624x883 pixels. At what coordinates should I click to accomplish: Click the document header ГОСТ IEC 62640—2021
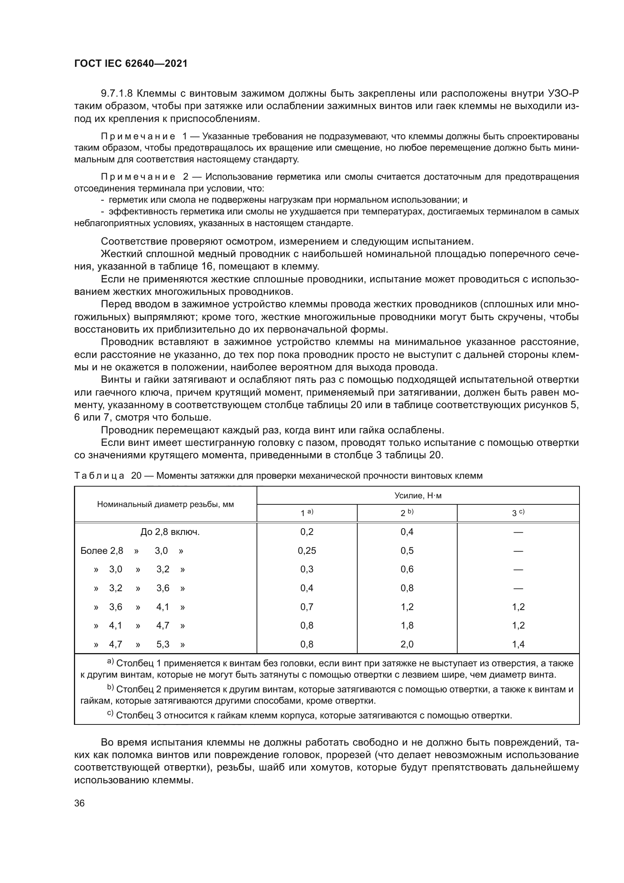(131, 63)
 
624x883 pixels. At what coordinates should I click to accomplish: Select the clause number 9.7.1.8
(117, 94)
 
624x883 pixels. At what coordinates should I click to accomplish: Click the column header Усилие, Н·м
(418, 496)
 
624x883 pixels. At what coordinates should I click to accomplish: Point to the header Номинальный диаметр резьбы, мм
(165, 504)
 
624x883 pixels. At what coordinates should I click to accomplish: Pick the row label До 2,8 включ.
(170, 532)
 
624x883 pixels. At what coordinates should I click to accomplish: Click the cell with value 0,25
(307, 551)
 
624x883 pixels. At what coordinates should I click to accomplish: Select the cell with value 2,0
(407, 644)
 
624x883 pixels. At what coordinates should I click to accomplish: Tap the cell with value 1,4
(518, 644)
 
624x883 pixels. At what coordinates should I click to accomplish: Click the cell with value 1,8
(407, 625)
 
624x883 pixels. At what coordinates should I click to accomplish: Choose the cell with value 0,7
(307, 607)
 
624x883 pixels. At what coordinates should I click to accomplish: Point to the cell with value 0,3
(307, 569)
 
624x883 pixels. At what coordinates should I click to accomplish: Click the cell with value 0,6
(407, 569)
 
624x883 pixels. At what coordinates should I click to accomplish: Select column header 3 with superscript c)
(518, 513)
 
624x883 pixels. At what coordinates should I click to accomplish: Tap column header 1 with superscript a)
(307, 513)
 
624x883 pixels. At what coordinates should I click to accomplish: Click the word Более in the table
(94, 551)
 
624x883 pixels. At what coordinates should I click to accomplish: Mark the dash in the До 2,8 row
(518, 532)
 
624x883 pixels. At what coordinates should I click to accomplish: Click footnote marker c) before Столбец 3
(110, 713)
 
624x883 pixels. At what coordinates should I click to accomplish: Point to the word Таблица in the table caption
(99, 476)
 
